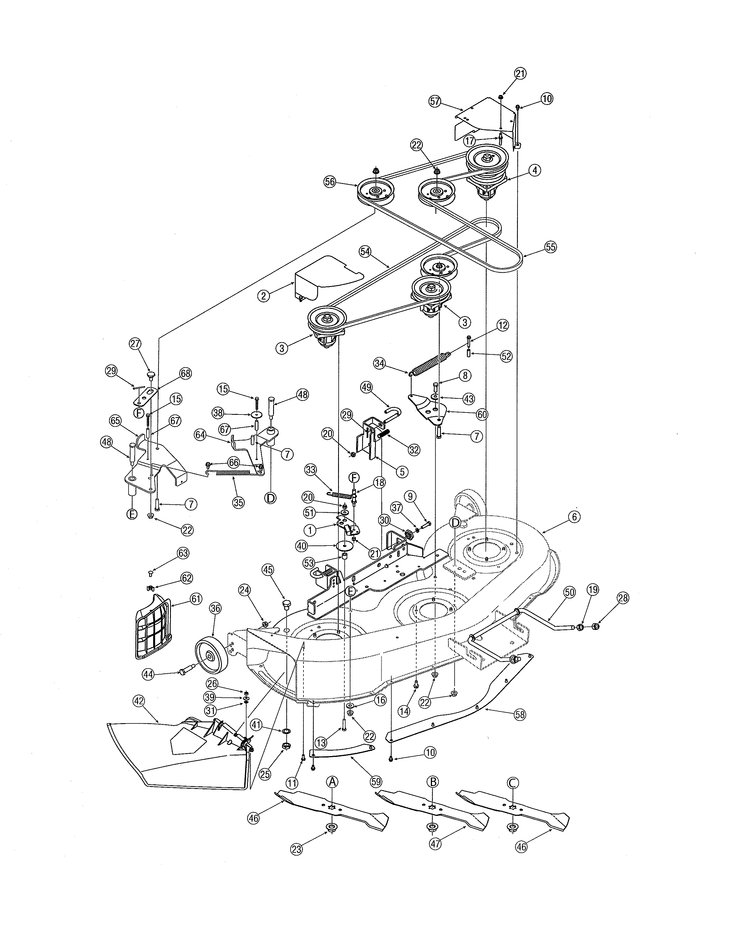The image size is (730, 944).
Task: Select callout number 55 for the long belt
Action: pyautogui.click(x=550, y=247)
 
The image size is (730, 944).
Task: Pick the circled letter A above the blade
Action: pyautogui.click(x=332, y=782)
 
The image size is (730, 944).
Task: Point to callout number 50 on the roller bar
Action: pyautogui.click(x=570, y=593)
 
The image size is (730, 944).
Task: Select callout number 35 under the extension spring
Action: pyautogui.click(x=238, y=502)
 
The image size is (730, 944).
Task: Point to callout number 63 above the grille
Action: pyautogui.click(x=183, y=553)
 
